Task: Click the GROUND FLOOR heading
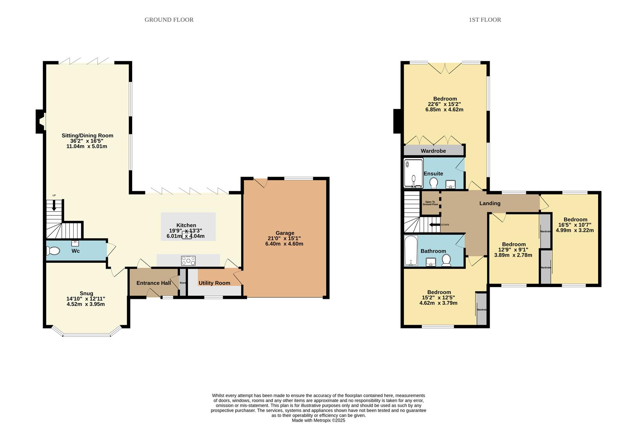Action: coord(169,20)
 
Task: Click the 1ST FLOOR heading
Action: coord(485,20)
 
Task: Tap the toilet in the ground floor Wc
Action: coord(54,250)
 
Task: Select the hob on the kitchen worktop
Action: coord(188,260)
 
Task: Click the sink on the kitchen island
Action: coord(187,236)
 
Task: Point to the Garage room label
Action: coord(285,233)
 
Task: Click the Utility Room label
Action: coord(214,283)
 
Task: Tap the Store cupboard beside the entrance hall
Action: coord(183,282)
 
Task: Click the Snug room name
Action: coord(86,293)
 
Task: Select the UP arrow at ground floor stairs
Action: coord(54,204)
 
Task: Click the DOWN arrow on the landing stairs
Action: coord(435,225)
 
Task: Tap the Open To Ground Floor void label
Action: coord(430,203)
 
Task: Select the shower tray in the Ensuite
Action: coord(413,173)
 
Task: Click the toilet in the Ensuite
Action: coord(434,183)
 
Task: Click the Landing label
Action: coord(490,203)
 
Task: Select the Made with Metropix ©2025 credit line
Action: coord(318,420)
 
